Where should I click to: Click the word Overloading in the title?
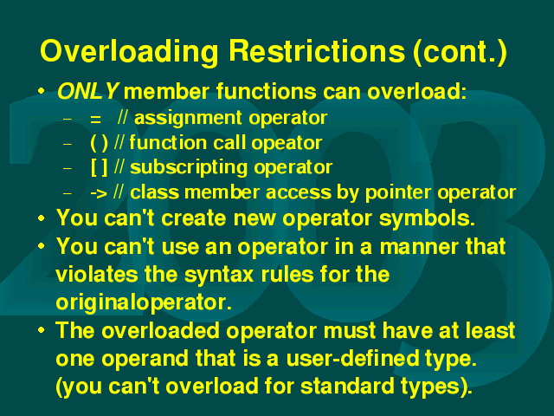pos(129,52)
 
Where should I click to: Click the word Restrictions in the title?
pos(317,50)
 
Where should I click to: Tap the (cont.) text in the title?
pos(460,52)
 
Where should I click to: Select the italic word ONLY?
pos(87,91)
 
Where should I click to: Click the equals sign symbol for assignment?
pos(95,120)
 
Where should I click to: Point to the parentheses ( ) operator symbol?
pos(99,143)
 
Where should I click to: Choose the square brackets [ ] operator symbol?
pos(99,167)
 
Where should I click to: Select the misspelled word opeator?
pos(287,144)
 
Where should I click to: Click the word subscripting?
pos(189,167)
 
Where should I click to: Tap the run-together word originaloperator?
pos(144,303)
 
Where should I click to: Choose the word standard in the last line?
pos(347,386)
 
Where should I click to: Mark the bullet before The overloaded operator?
pos(42,330)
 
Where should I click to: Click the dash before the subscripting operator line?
pos(67,169)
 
